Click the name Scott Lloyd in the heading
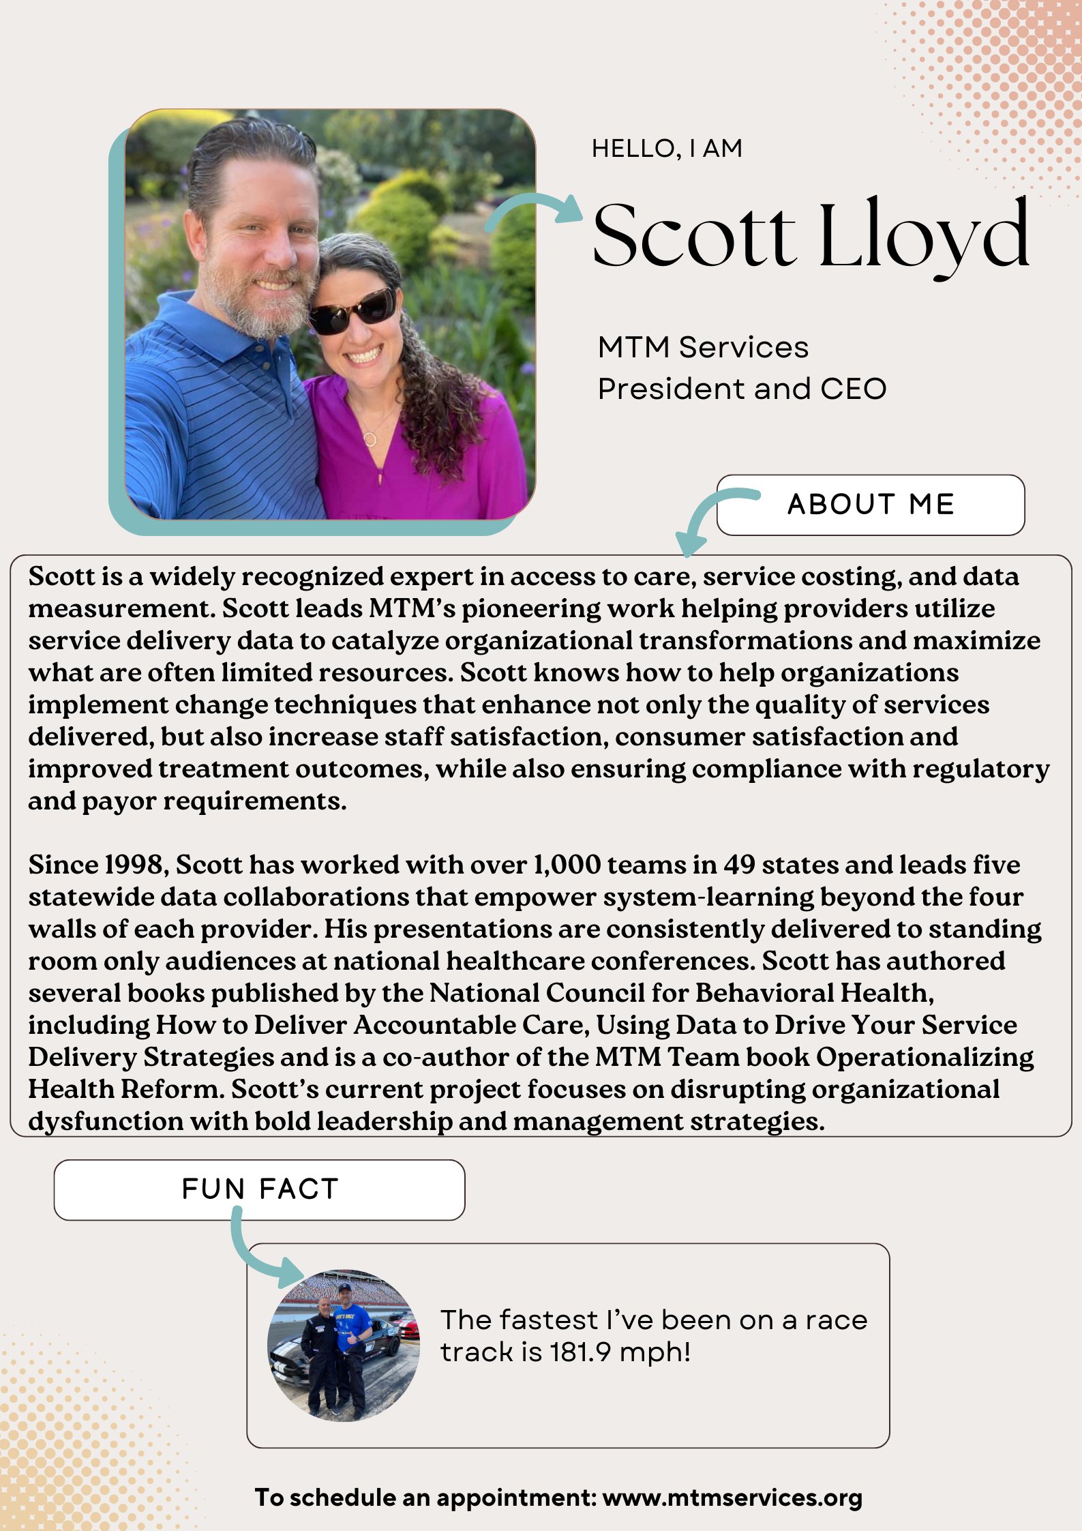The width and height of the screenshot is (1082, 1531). click(810, 235)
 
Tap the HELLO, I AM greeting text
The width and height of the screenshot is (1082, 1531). click(667, 148)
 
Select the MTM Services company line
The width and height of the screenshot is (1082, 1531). click(703, 347)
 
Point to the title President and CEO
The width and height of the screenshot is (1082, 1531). click(742, 389)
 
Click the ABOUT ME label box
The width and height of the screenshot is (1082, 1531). click(871, 505)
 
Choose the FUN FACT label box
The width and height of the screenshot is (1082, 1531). click(259, 1189)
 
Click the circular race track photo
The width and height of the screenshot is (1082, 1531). click(344, 1345)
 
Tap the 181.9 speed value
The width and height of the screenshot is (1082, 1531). click(580, 1352)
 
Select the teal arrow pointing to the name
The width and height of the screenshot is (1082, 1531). click(535, 209)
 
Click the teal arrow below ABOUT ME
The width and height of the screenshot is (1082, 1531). click(712, 519)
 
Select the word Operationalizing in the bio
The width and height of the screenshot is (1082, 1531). click(925, 1057)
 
